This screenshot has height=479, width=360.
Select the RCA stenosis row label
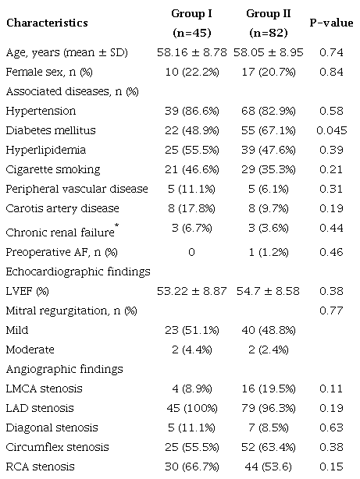[x=44, y=467]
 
